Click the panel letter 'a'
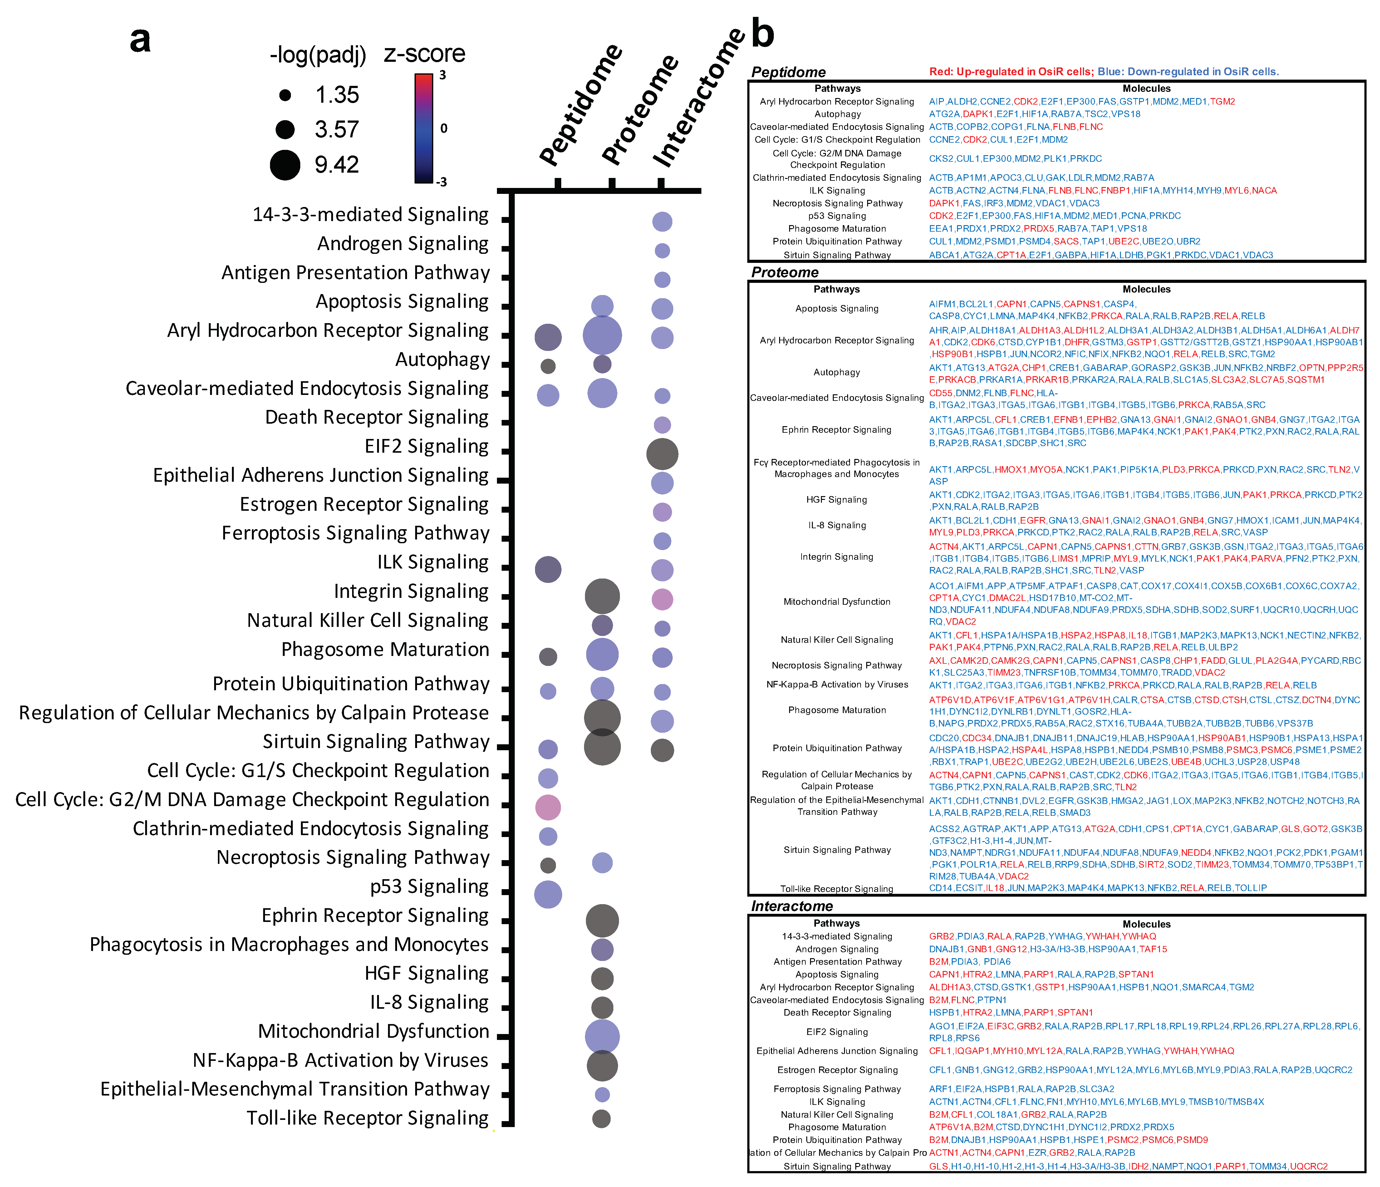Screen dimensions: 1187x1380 tap(140, 40)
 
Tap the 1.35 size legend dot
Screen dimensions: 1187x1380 tap(285, 95)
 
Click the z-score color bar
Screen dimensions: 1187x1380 tap(424, 128)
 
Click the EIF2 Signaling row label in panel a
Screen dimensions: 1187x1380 tap(426, 446)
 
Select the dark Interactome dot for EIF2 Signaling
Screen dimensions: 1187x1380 tap(662, 454)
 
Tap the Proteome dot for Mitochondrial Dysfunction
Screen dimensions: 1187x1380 tap(602, 1037)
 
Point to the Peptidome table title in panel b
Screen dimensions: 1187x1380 tap(788, 72)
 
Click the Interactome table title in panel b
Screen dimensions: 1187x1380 tap(792, 906)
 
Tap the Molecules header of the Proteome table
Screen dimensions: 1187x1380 tap(1146, 289)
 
